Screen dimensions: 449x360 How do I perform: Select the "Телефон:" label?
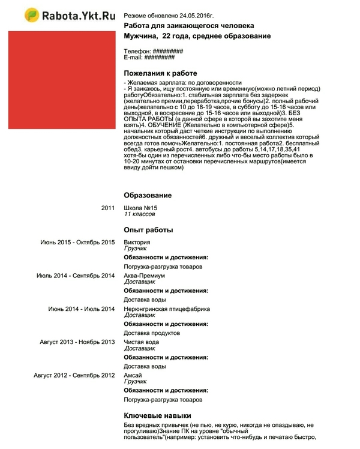click(x=137, y=52)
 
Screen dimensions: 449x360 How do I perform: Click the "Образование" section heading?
click(x=148, y=196)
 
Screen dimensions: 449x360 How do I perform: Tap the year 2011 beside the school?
click(x=108, y=208)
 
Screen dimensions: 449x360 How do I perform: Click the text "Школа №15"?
click(x=140, y=208)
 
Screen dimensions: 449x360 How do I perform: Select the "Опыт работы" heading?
click(x=148, y=230)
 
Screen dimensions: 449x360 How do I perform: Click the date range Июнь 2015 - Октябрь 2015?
click(x=77, y=242)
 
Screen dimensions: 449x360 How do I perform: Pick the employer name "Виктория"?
click(x=137, y=242)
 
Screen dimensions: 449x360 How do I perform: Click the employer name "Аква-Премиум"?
click(x=144, y=276)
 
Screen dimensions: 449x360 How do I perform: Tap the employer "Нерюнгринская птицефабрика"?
click(x=167, y=309)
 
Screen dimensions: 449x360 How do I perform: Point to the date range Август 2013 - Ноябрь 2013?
click(x=77, y=342)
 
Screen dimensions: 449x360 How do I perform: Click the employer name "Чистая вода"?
click(x=142, y=342)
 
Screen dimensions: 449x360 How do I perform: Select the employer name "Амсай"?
click(x=133, y=375)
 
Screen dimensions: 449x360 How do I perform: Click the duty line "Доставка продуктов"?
click(x=152, y=333)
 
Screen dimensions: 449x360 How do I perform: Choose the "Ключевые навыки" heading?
click(x=157, y=415)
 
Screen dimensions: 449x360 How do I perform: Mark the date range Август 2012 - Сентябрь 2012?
click(x=74, y=375)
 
